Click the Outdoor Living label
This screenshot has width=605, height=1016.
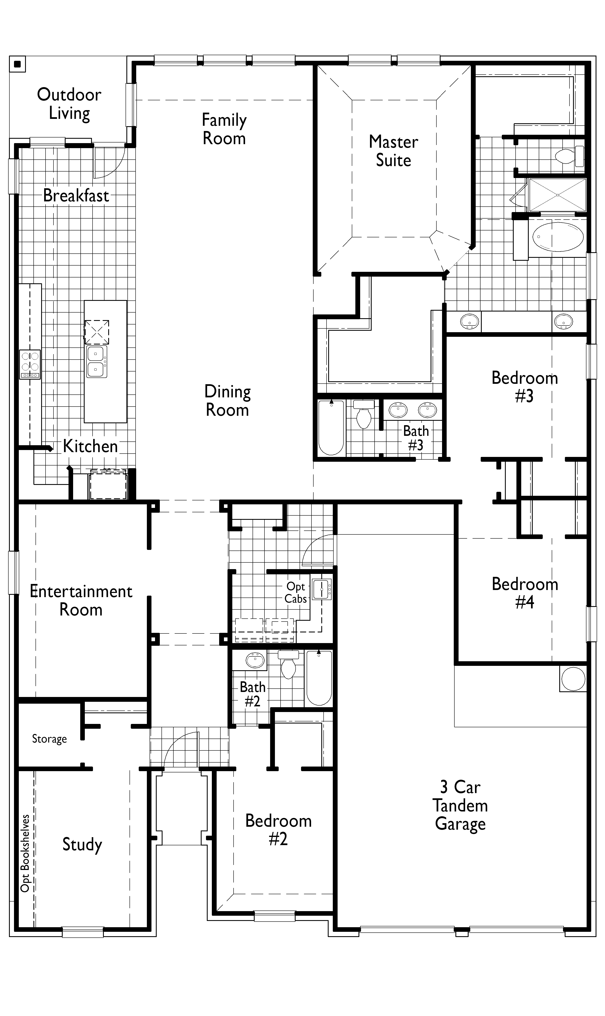(x=69, y=104)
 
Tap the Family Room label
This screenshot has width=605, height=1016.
(x=224, y=129)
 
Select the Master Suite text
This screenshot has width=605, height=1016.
(x=393, y=151)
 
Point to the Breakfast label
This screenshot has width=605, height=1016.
(x=76, y=196)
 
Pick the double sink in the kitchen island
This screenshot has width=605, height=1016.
(x=96, y=361)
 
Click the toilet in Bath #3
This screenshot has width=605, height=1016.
(x=364, y=415)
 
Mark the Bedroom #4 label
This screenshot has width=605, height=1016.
(x=525, y=593)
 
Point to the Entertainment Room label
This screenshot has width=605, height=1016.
(x=81, y=600)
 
